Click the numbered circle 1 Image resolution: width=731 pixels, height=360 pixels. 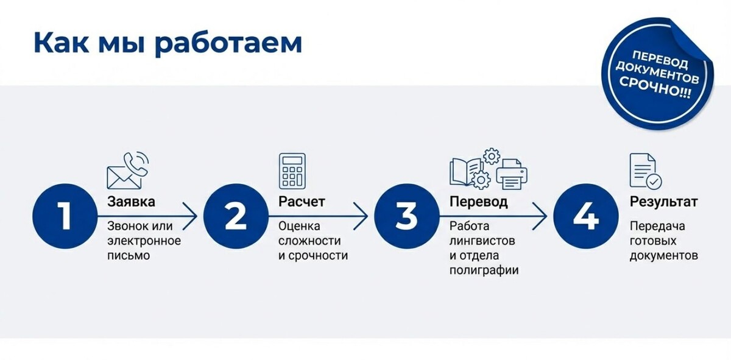[65, 216]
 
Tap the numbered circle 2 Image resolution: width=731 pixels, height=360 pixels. [235, 216]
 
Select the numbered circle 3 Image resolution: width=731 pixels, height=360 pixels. [406, 216]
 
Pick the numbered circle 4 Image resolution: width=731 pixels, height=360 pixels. [585, 216]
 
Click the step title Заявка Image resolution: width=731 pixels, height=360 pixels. [131, 202]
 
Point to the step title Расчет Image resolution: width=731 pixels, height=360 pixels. [302, 202]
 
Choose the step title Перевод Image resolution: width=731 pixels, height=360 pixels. [479, 202]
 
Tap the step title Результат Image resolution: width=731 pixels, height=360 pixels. [664, 202]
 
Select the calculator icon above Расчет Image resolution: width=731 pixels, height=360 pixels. [292, 171]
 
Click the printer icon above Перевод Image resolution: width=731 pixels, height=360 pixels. [512, 173]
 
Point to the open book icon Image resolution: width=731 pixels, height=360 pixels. [466, 171]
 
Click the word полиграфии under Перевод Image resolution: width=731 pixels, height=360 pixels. [484, 270]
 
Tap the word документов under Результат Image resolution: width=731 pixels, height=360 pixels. [664, 255]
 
